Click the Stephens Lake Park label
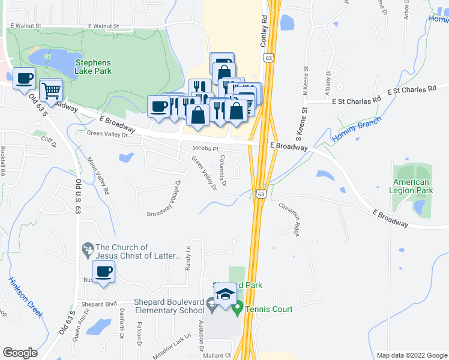point(94,66)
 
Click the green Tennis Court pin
point(237,309)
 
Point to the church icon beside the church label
point(88,248)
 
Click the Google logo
point(20,353)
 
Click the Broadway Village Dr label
point(164,198)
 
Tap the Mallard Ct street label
point(219,355)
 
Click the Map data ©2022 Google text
point(411,355)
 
